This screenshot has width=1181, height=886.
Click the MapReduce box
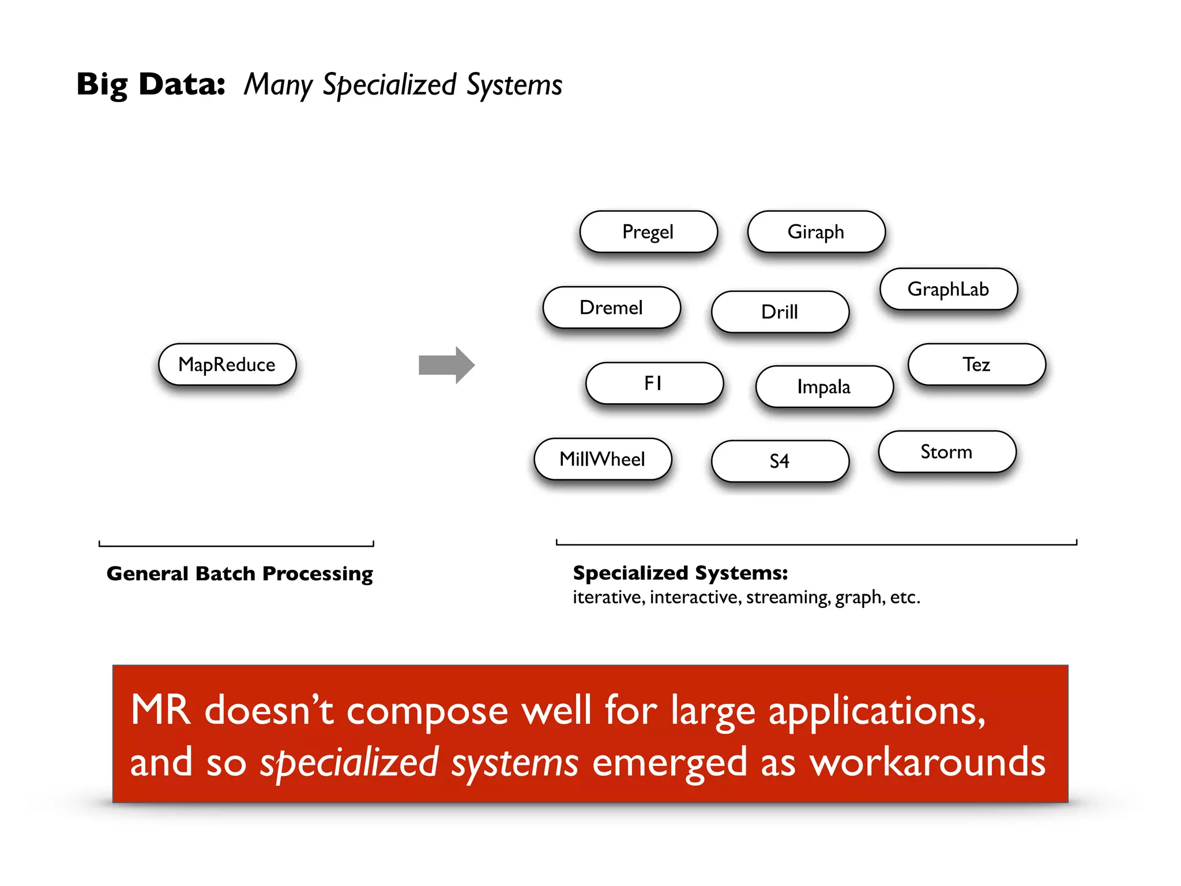click(227, 365)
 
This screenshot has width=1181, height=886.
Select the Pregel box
click(648, 232)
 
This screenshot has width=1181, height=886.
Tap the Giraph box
click(816, 232)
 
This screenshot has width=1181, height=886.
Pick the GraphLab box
click(949, 289)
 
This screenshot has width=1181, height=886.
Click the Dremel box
click(611, 307)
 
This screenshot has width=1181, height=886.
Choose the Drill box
click(780, 312)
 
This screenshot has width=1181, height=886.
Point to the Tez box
click(976, 365)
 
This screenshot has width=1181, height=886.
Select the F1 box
click(654, 383)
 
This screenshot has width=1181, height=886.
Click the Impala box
click(824, 386)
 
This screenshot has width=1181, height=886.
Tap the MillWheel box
click(603, 459)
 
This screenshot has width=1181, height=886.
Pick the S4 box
click(780, 461)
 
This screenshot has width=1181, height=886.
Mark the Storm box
click(947, 452)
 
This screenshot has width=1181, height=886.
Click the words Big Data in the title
click(151, 84)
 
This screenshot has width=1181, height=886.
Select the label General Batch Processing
click(239, 573)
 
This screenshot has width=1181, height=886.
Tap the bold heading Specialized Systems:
click(680, 573)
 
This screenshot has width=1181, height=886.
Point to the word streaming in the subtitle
click(788, 597)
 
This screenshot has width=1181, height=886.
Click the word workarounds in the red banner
click(927, 763)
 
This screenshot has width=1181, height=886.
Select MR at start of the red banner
click(160, 710)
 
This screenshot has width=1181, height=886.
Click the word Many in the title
click(278, 85)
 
